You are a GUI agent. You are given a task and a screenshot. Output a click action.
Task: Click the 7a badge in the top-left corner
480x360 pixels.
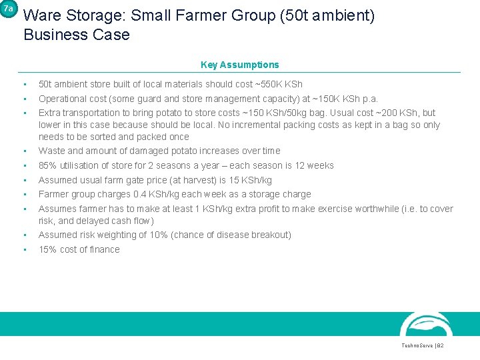[x=7, y=9]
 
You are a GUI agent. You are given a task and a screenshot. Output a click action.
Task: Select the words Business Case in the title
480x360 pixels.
[x=77, y=35]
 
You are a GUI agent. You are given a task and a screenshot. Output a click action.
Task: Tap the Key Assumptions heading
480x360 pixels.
[x=240, y=65]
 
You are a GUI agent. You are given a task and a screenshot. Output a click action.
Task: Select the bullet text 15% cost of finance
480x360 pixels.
[x=79, y=249]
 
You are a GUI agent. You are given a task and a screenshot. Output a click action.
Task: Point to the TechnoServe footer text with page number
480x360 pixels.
[x=422, y=346]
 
